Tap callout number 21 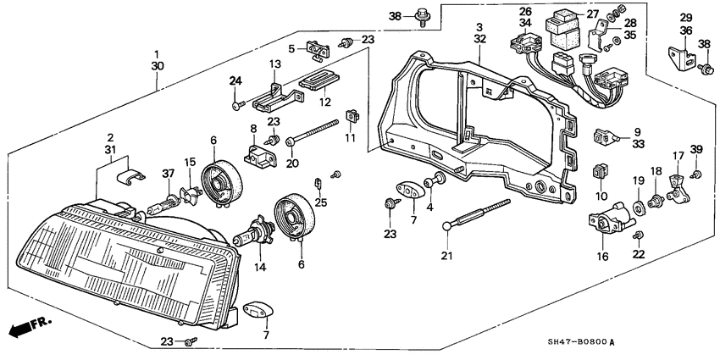click(x=446, y=256)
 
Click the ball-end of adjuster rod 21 click(x=448, y=226)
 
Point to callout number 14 click(x=260, y=267)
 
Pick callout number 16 click(x=602, y=257)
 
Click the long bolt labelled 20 click(x=313, y=133)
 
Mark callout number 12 click(x=325, y=102)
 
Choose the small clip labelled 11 click(x=352, y=117)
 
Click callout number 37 click(x=169, y=173)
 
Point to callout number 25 click(x=321, y=202)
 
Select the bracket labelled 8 click(x=260, y=155)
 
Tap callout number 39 click(x=696, y=149)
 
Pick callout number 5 click(x=291, y=47)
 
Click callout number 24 click(x=235, y=81)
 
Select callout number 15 click(x=190, y=162)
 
